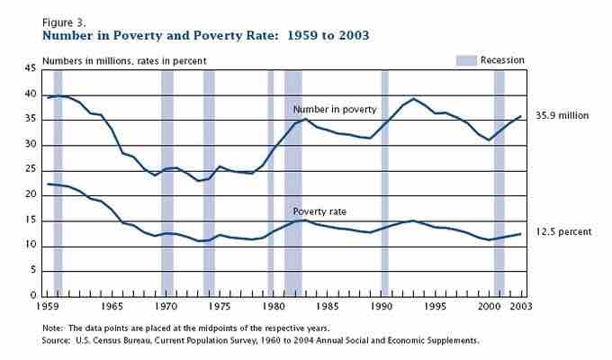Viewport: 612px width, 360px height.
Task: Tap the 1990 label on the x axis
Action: [385, 307]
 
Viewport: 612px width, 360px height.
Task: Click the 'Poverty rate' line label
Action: [320, 211]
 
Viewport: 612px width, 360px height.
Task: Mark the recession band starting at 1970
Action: [167, 180]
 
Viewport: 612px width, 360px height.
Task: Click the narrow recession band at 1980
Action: [271, 180]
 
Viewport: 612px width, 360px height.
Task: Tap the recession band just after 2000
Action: [499, 180]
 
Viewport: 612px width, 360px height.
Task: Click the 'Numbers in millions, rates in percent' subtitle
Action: [124, 60]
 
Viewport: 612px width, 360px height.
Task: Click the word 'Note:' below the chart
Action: [54, 328]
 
